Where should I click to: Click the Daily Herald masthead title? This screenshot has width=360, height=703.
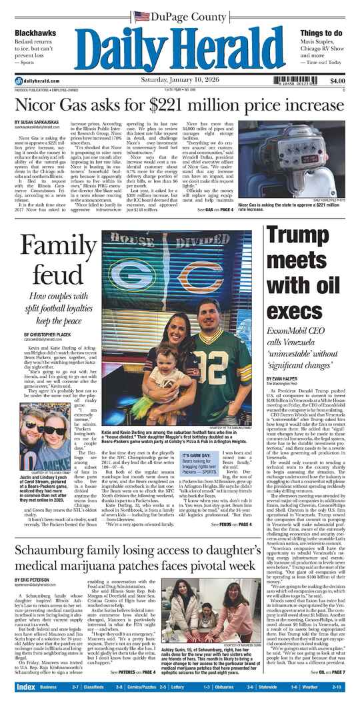[180, 48]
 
